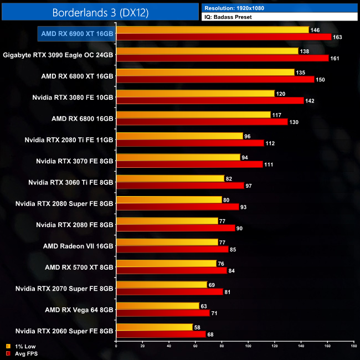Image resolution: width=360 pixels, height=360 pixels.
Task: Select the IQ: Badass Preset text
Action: (228, 17)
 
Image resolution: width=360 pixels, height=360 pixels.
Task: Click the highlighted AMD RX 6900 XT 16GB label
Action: (77, 34)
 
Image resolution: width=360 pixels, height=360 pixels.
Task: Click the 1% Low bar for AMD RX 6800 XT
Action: (205, 72)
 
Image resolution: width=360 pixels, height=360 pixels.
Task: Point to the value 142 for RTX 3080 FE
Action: (310, 100)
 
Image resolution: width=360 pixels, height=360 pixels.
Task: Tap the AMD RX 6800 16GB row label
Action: (83, 118)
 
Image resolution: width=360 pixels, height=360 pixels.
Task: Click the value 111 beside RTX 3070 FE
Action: (269, 164)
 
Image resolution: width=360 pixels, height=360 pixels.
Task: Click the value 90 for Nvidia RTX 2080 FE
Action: (239, 228)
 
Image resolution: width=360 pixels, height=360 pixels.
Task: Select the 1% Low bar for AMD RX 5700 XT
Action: (166, 263)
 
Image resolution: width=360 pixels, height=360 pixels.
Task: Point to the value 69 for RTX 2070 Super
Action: (212, 284)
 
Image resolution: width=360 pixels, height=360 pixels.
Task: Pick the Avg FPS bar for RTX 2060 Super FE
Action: (161, 334)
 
